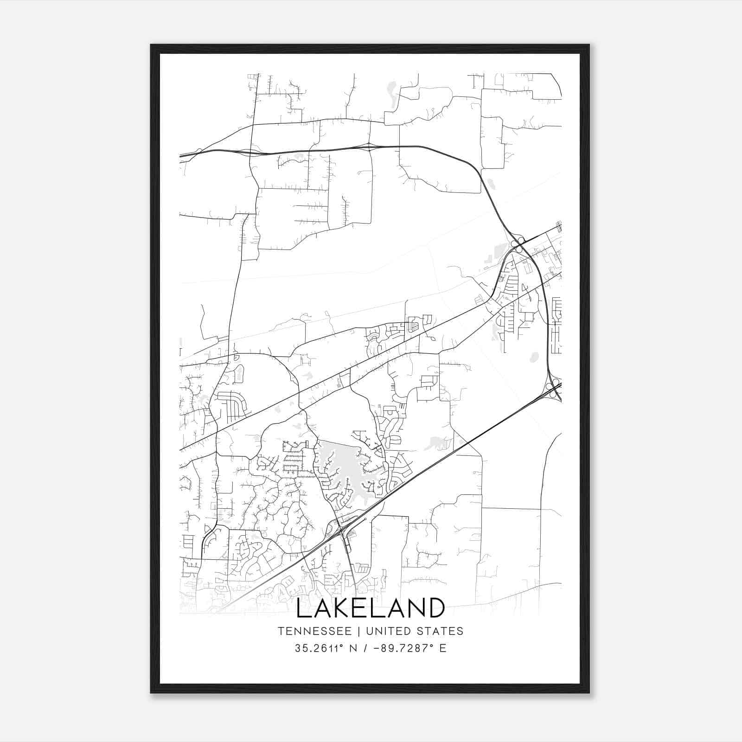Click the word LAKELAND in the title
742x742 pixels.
(370, 608)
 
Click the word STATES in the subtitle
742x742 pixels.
(443, 631)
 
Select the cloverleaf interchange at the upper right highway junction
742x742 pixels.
(518, 244)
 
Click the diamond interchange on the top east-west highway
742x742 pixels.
(369, 147)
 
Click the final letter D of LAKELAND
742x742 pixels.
(436, 608)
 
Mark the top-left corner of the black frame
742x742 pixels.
(151, 45)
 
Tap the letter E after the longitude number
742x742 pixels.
(443, 648)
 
